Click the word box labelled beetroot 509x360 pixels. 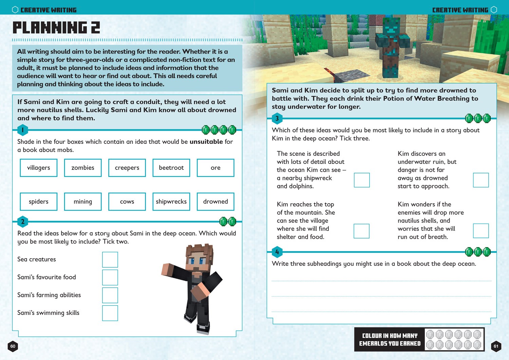click(x=171, y=168)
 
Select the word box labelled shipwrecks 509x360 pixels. click(x=171, y=202)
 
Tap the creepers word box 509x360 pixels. click(x=127, y=168)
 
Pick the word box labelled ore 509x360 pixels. click(x=215, y=168)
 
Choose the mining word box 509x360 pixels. click(x=83, y=202)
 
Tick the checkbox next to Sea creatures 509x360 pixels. click(x=110, y=260)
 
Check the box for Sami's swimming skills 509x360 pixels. click(x=110, y=313)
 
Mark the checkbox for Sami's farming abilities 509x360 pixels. click(x=110, y=295)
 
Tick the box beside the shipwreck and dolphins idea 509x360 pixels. click(x=362, y=180)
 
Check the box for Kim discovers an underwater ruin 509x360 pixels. click(x=481, y=180)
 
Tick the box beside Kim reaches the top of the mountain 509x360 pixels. click(x=361, y=231)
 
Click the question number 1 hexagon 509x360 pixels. click(x=23, y=130)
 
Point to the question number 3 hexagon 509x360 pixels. click(x=277, y=118)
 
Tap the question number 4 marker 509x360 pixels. click(x=277, y=252)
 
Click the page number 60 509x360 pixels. click(x=13, y=346)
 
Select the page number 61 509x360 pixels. click(x=496, y=346)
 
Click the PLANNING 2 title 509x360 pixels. click(x=56, y=27)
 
